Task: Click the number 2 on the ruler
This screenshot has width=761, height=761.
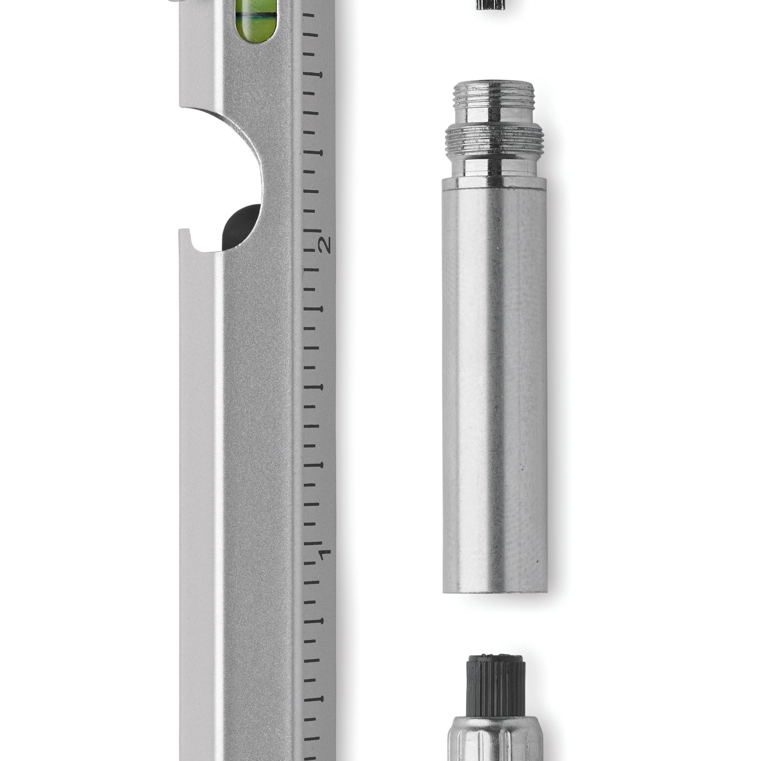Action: point(326,245)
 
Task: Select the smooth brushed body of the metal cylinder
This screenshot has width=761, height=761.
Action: point(494,390)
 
